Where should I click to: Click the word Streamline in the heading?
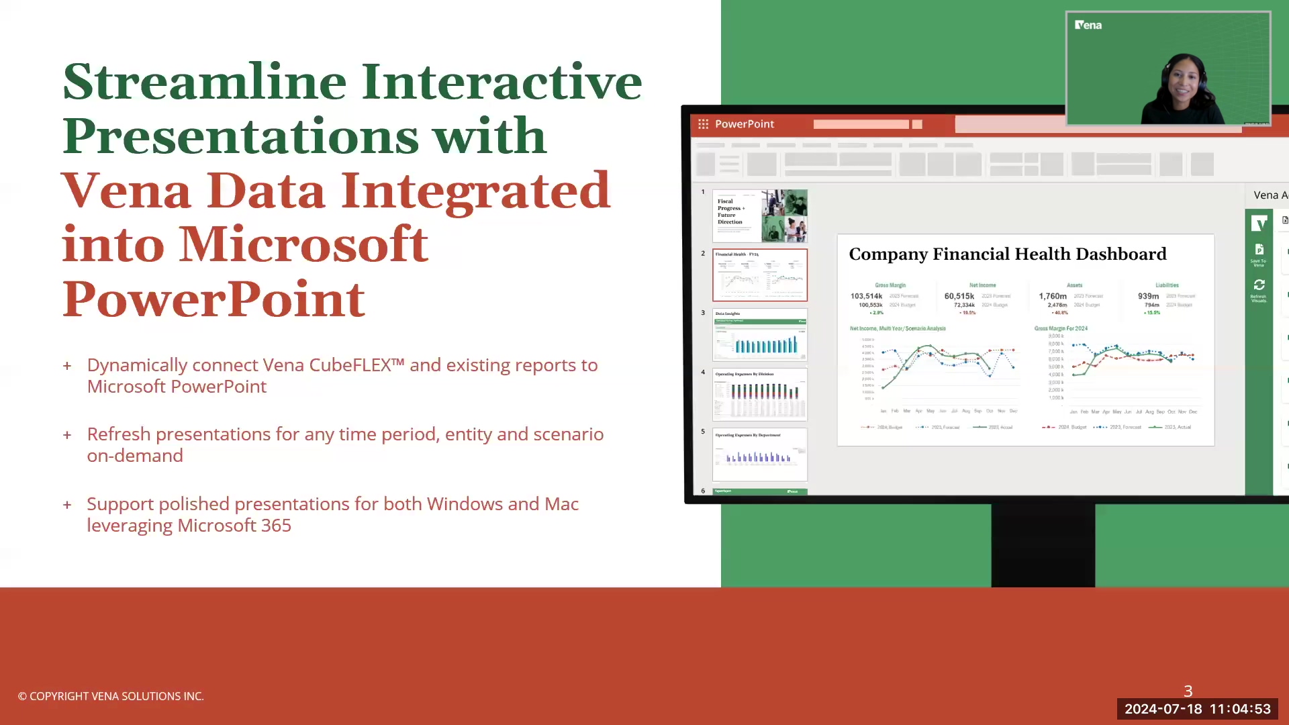205,82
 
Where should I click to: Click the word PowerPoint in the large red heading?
213,299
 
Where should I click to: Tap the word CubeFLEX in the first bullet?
356,365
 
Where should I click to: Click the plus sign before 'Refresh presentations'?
67,435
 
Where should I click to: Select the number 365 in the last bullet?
276,526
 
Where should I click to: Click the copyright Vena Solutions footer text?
111,696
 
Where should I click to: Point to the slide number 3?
1188,691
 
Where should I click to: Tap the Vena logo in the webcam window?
1088,25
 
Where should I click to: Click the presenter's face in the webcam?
1182,84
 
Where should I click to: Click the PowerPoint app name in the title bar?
744,124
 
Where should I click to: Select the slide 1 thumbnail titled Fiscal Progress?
759,215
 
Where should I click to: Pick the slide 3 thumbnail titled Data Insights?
759,334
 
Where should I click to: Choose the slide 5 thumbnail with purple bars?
759,454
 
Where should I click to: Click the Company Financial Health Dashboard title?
1007,254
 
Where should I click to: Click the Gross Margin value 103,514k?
866,296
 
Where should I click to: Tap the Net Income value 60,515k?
959,296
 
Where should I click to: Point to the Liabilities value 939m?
1148,296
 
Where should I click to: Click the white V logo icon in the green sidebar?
1259,222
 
